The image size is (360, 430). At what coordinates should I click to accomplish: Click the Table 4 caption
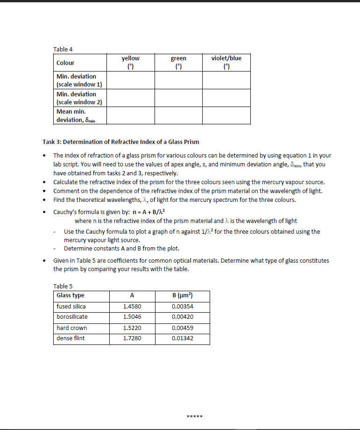(63, 49)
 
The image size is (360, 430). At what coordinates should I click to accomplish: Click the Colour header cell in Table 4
(65, 63)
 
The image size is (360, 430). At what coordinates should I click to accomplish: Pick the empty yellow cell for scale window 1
(130, 80)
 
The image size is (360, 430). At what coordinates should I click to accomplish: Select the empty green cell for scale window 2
(178, 98)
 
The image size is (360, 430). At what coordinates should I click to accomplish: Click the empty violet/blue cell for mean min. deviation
(226, 115)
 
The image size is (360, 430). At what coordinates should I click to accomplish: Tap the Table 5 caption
(63, 286)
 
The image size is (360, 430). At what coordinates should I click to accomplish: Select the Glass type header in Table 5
(71, 295)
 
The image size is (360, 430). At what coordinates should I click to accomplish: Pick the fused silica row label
(71, 307)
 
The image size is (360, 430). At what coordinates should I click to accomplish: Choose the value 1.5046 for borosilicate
(132, 317)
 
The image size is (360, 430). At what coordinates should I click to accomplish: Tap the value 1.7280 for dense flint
(132, 338)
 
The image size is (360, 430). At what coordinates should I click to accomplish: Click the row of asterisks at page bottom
(193, 416)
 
